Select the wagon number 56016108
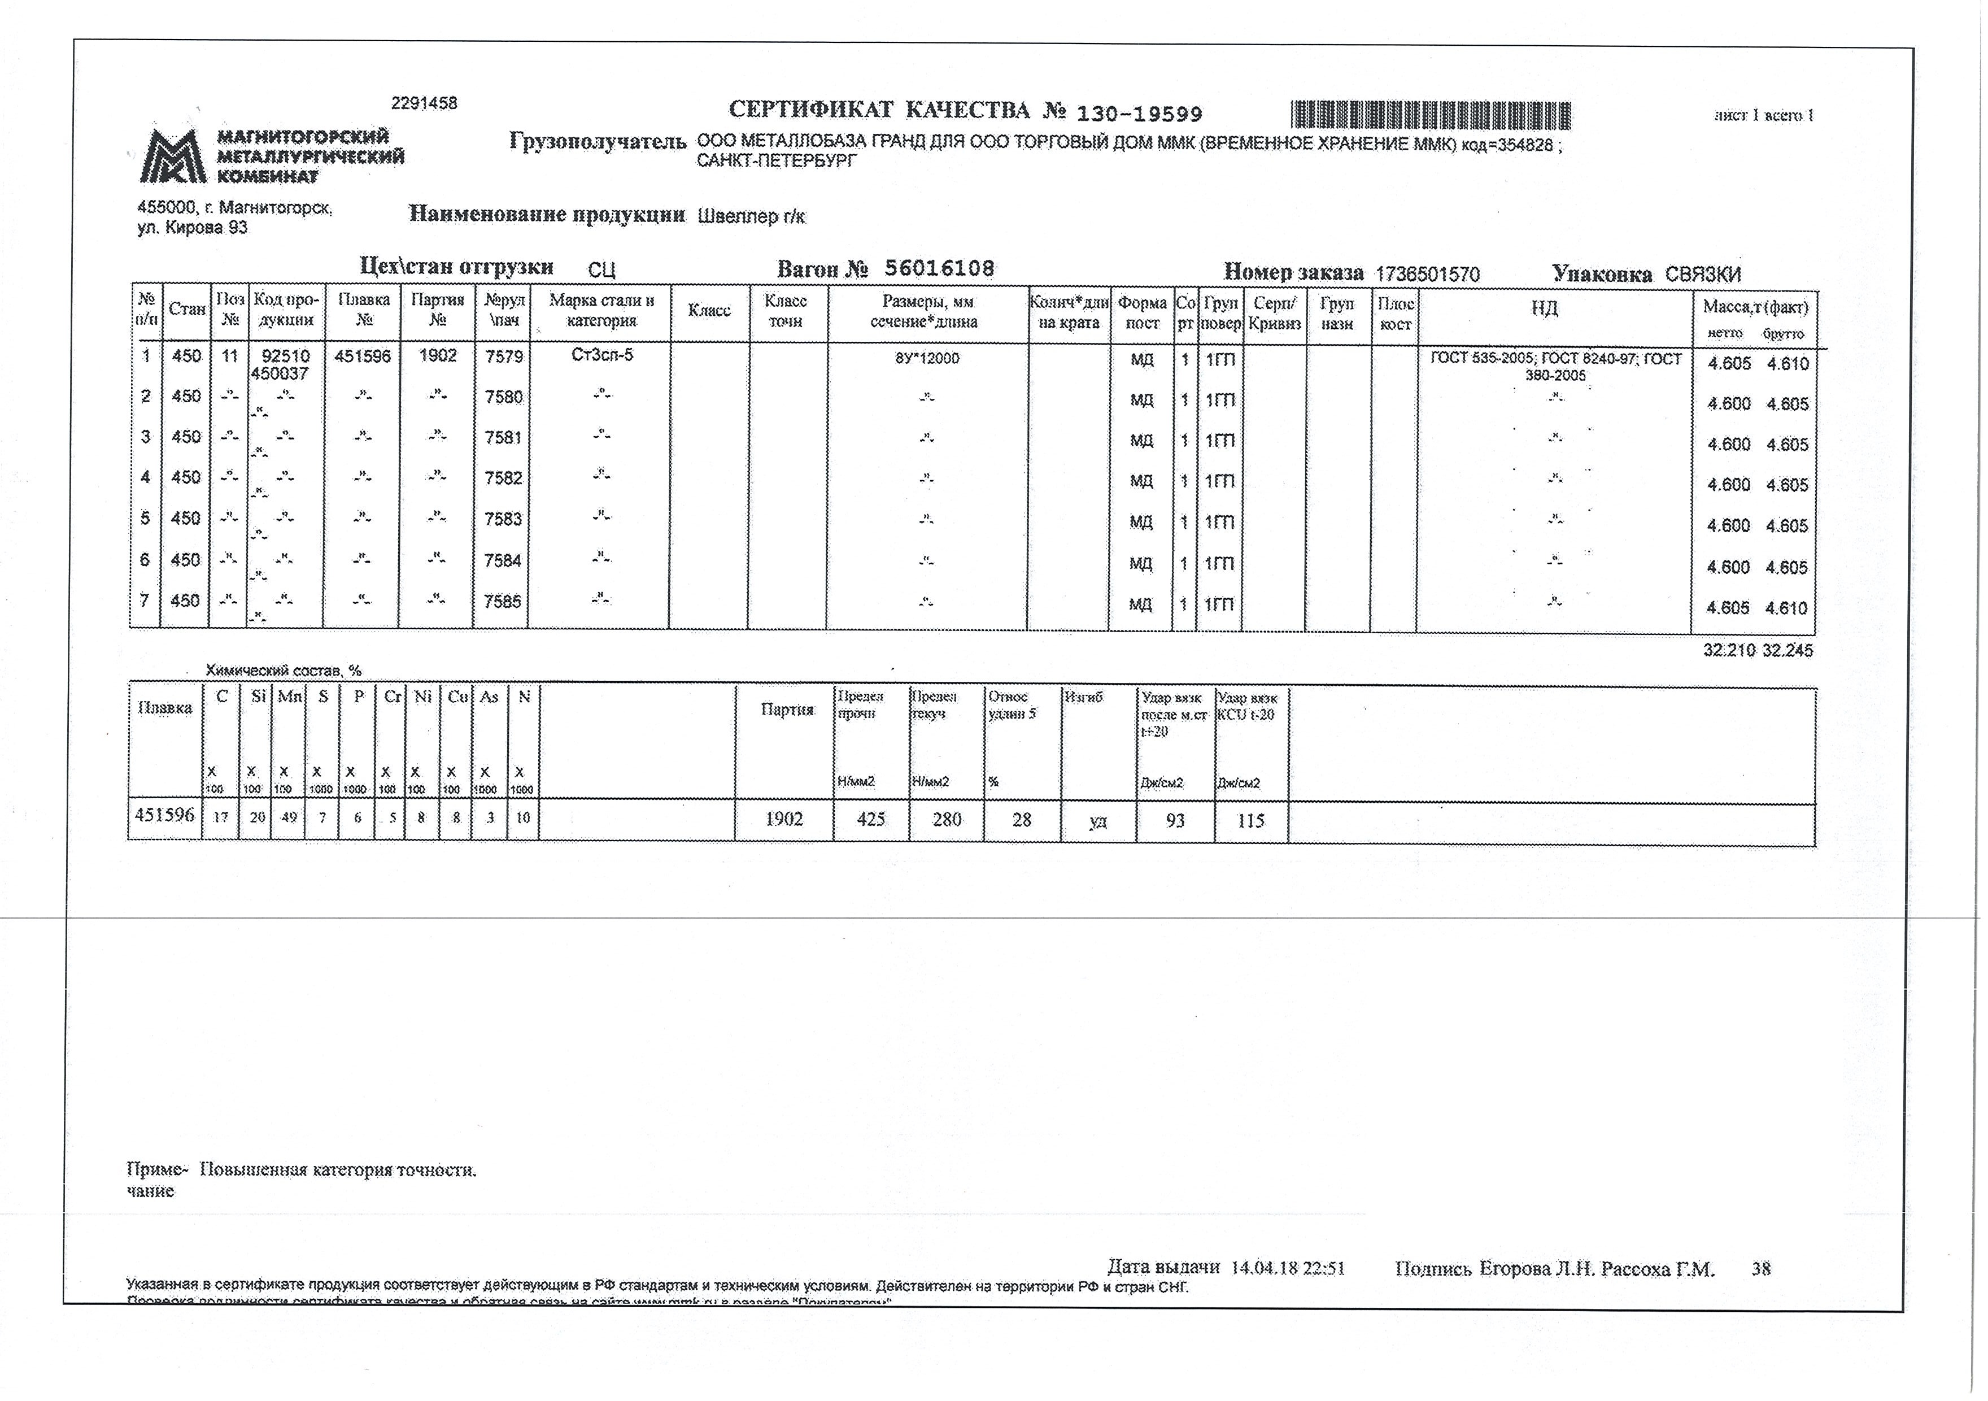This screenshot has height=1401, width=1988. click(939, 268)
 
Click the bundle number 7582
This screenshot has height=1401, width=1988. click(503, 478)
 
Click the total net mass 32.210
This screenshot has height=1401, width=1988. click(1728, 650)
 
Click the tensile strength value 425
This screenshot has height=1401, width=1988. click(870, 819)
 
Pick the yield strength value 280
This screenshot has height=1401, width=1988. click(947, 819)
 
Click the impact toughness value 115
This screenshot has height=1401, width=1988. click(1250, 820)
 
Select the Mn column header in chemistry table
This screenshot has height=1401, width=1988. click(289, 696)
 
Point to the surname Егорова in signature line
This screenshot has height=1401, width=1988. click(1514, 1269)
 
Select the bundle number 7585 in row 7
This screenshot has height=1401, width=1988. click(503, 601)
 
